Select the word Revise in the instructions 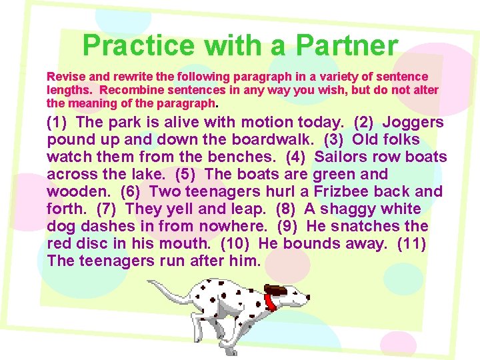[x=63, y=77]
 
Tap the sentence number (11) [x=411, y=243]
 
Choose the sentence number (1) [x=59, y=122]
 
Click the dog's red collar [x=270, y=301]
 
